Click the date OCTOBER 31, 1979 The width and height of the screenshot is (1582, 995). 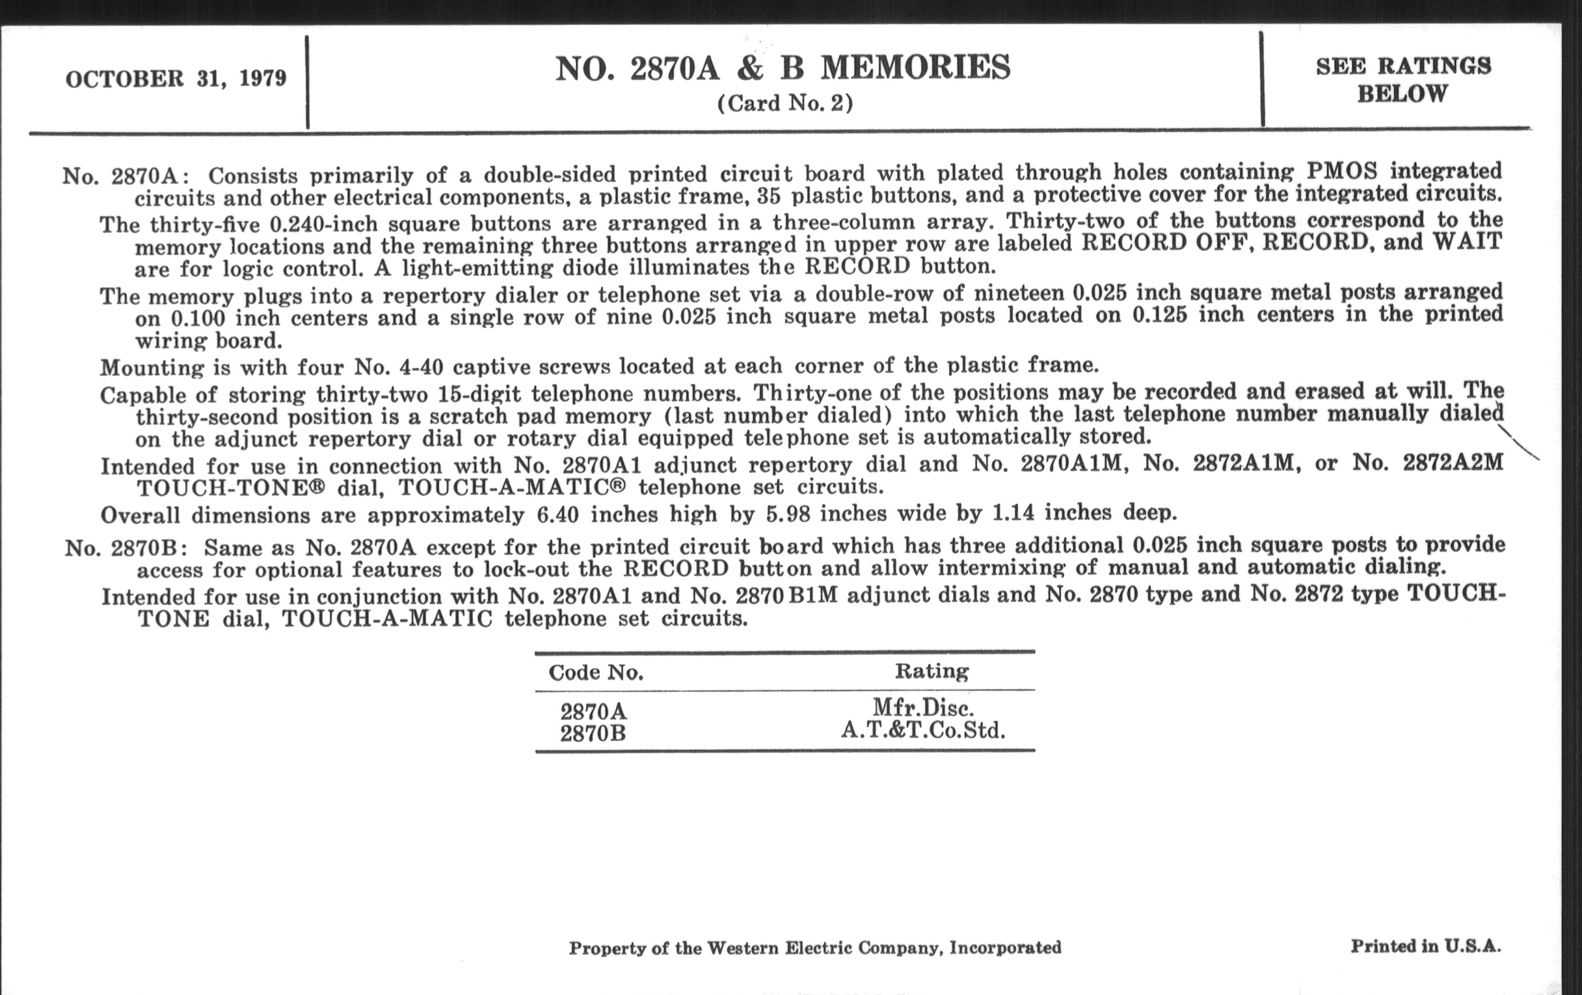point(176,79)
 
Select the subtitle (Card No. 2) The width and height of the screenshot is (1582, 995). point(785,104)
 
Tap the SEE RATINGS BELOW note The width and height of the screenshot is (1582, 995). point(1402,79)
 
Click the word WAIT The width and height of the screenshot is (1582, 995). point(1467,241)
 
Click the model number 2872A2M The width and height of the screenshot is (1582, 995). point(1453,462)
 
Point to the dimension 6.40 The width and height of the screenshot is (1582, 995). point(557,514)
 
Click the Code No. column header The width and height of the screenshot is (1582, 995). point(595,672)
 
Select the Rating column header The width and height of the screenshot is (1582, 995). point(931,671)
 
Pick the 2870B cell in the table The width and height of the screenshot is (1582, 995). point(593,734)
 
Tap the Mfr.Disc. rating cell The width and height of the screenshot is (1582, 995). point(922,708)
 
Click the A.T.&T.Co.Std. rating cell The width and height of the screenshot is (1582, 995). point(922,730)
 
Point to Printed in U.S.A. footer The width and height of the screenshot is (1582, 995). point(1425,946)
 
